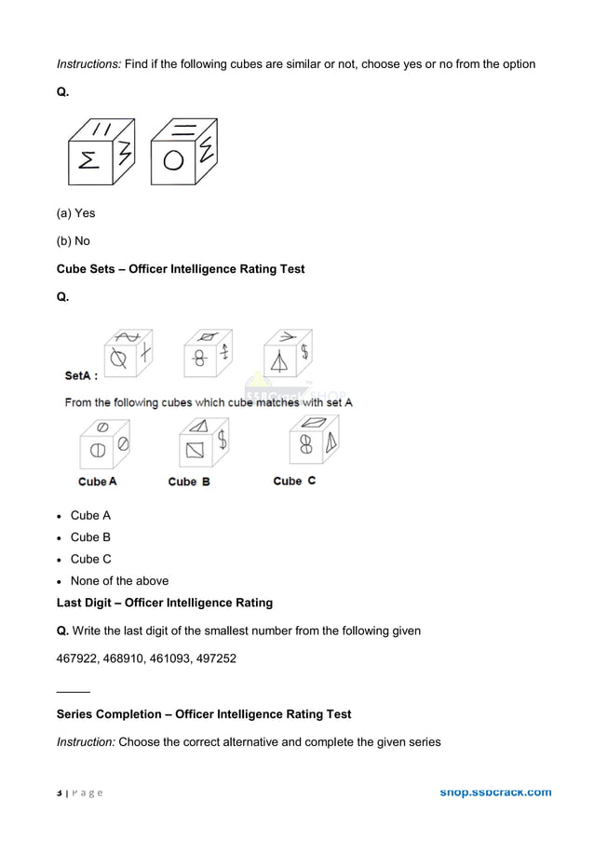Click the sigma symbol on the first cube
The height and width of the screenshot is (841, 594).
(89, 161)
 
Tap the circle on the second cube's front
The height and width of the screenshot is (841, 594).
(172, 161)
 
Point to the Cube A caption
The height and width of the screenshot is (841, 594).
(97, 482)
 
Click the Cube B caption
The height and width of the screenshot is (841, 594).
(188, 482)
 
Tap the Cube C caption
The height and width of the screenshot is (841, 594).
(294, 481)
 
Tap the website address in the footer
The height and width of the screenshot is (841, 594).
(494, 793)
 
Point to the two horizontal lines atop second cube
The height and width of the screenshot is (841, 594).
(183, 130)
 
